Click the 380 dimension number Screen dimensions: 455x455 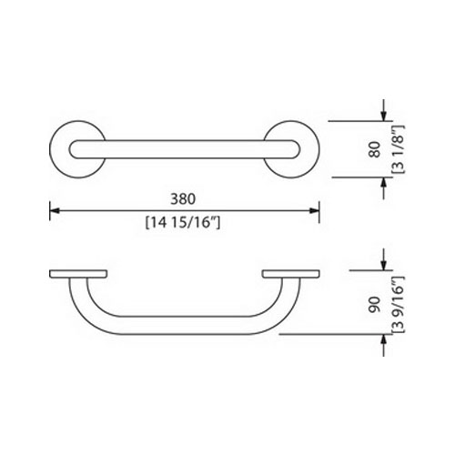183,199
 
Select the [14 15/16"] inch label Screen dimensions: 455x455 183,223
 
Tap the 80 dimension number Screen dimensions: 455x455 375,149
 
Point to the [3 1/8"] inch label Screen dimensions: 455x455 399,149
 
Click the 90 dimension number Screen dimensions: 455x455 375,305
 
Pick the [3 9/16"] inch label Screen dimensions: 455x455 399,305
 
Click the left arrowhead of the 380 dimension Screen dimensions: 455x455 55,210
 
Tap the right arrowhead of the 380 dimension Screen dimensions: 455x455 314,210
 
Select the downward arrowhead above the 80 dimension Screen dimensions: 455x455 384,116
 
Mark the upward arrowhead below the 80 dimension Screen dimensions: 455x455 384,183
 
